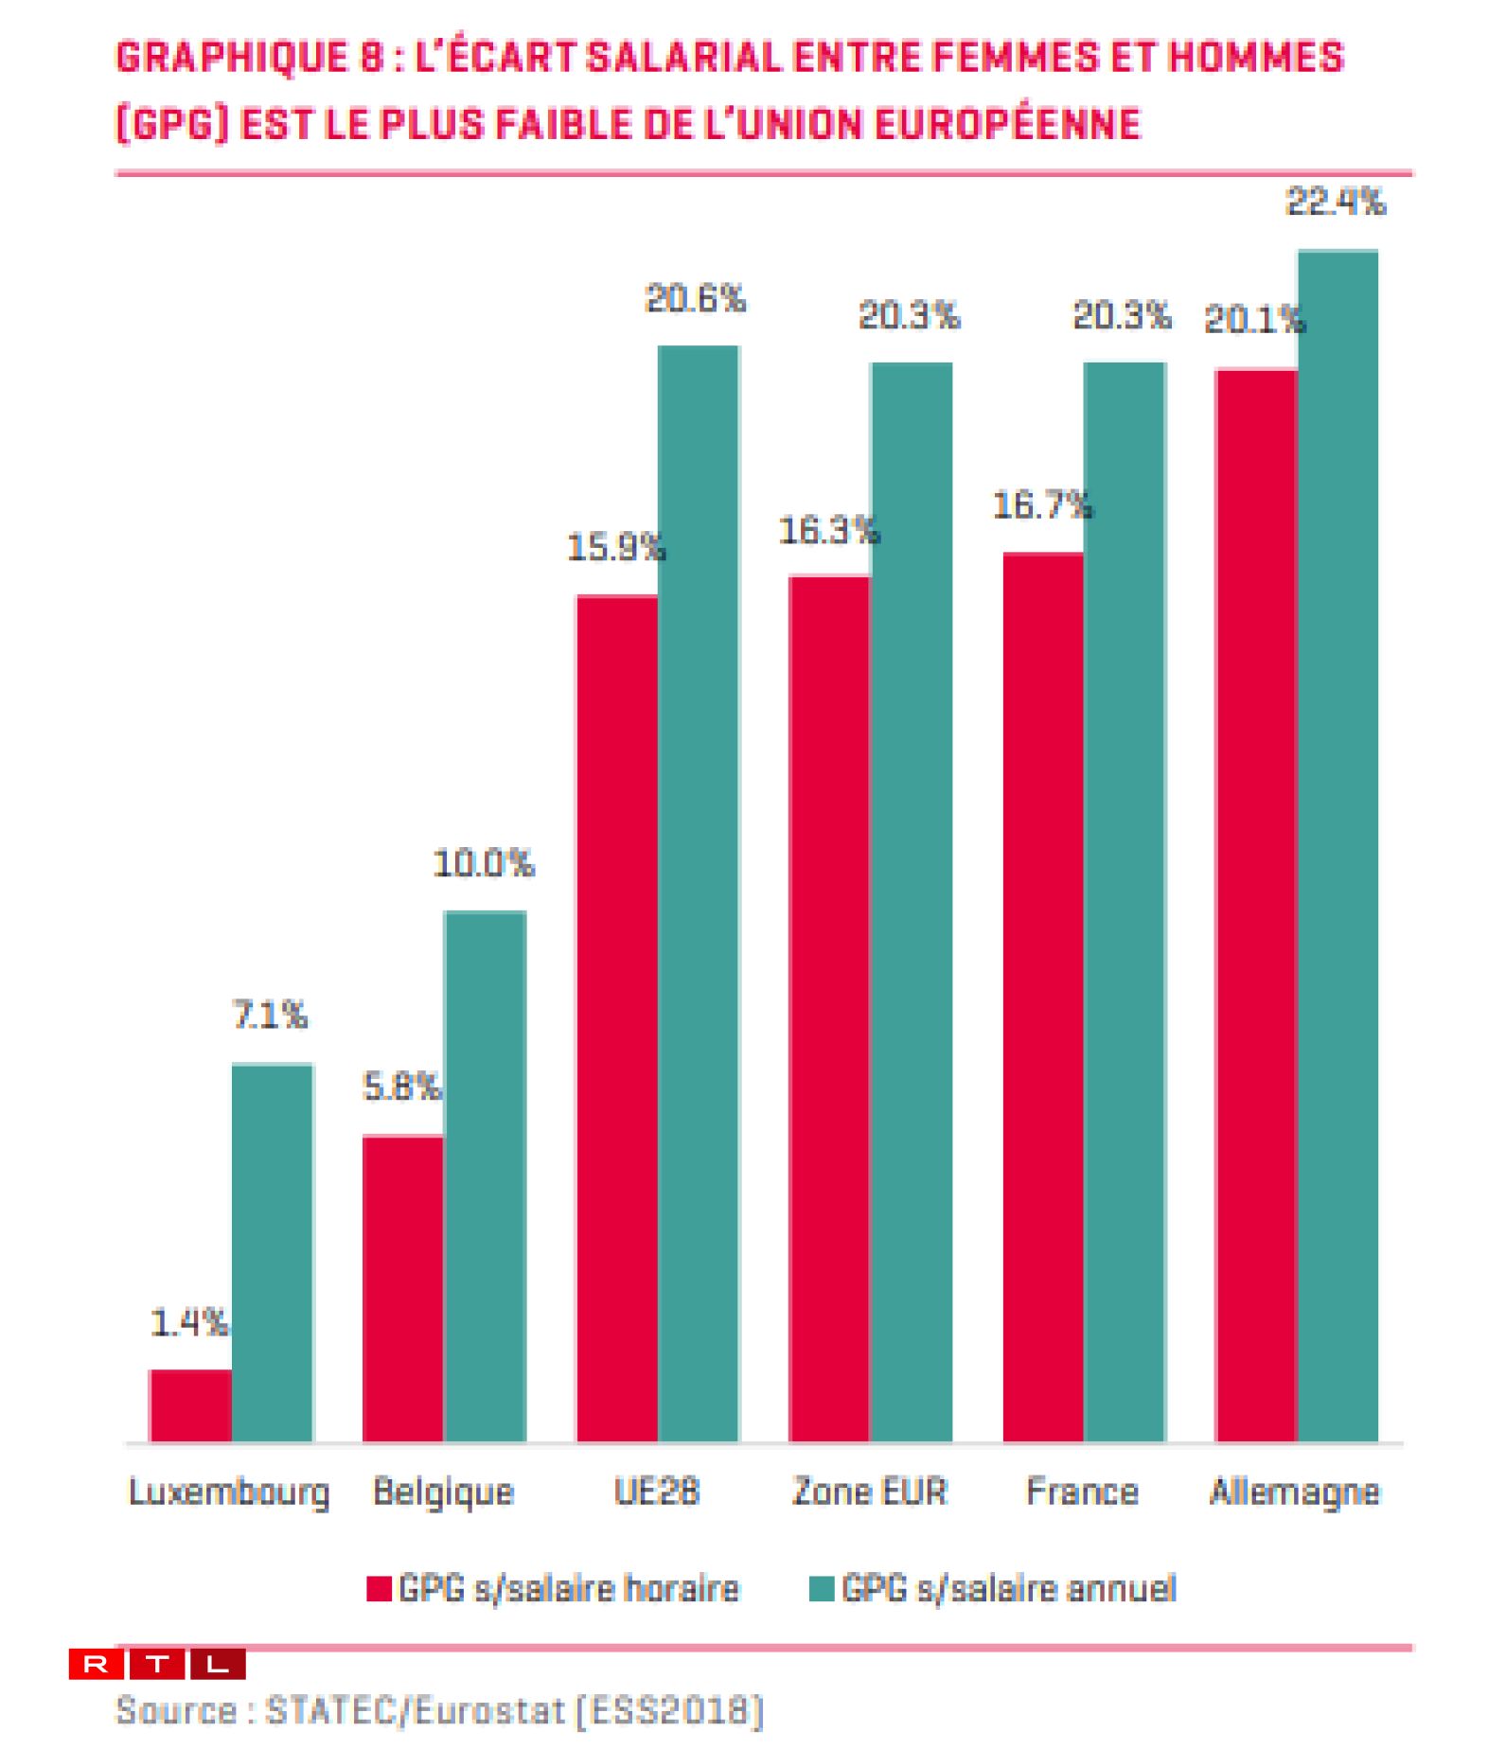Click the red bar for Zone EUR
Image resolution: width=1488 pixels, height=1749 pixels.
point(829,1007)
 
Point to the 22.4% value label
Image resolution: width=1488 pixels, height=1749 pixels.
point(1336,203)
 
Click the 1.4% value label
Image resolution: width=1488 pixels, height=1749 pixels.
point(189,1322)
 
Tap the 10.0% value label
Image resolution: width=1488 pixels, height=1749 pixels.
point(484,863)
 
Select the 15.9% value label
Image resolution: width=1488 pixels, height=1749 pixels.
point(616,547)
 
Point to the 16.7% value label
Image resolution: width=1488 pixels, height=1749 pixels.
point(1042,506)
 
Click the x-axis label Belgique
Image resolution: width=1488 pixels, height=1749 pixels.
point(443,1493)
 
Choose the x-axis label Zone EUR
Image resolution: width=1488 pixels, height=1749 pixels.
point(869,1493)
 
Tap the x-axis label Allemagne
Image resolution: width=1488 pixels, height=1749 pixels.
point(1295,1493)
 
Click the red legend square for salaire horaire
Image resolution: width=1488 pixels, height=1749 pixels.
point(380,1589)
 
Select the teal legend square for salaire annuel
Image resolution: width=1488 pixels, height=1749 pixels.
point(822,1589)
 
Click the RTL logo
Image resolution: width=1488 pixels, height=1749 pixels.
point(157,1664)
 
